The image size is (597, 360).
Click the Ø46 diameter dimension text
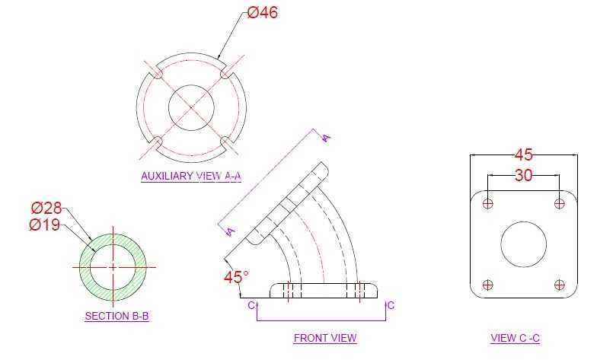(262, 12)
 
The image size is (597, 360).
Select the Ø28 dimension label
(46, 208)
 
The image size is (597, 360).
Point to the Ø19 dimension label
(44, 225)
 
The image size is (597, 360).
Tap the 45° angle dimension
(236, 277)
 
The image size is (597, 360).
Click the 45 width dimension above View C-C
(524, 155)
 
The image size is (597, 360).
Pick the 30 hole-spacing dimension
(524, 175)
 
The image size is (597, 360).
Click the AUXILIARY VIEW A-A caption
(191, 177)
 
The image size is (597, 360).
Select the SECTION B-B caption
(117, 317)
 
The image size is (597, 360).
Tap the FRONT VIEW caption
(325, 338)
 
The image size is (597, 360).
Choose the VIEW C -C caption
(515, 338)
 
